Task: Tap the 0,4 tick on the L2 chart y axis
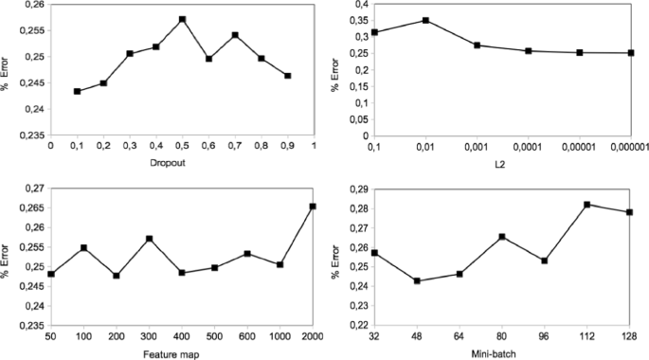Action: click(x=360, y=5)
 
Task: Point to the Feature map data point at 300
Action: click(x=150, y=239)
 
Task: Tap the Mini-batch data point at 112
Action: click(x=587, y=205)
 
